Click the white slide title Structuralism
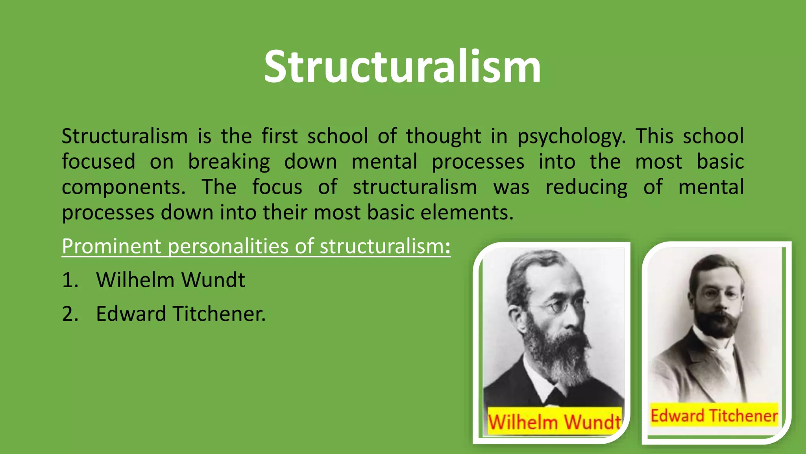click(x=402, y=67)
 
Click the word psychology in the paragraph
click(x=571, y=136)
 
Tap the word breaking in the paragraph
click(x=229, y=162)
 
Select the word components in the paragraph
click(x=123, y=187)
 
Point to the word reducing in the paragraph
click(x=586, y=187)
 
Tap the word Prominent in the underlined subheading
click(x=111, y=246)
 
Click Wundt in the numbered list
click(x=213, y=280)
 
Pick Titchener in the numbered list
click(x=219, y=314)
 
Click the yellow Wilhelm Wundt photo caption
click(x=554, y=422)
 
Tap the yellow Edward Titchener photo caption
click(x=714, y=416)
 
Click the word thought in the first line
click(x=443, y=136)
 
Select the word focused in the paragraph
click(x=98, y=162)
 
